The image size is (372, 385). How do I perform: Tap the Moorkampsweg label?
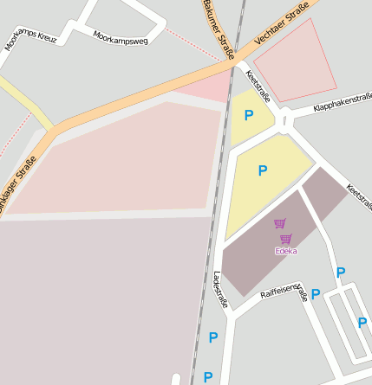point(120,37)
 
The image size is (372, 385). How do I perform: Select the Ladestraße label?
point(219,290)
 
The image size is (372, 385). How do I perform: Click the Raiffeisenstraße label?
point(284,292)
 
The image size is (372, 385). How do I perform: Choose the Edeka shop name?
point(285,251)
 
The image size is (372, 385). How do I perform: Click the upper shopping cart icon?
point(279,224)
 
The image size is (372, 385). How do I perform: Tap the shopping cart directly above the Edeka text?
point(285,238)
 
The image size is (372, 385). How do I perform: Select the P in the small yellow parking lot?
point(250,115)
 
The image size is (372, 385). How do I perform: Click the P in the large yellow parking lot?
point(263,170)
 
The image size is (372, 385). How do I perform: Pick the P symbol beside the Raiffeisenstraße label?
point(316,294)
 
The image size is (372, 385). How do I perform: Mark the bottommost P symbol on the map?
point(207,376)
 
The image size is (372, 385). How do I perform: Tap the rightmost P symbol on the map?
point(362,323)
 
